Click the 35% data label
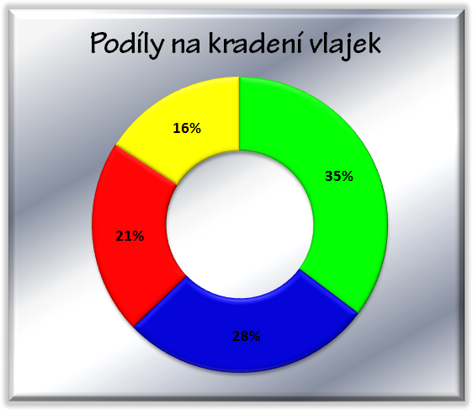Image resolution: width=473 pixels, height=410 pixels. (339, 176)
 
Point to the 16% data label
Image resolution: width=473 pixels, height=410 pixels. (187, 129)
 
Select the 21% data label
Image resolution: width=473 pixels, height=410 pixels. (130, 236)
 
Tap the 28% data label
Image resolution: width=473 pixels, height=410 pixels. (246, 336)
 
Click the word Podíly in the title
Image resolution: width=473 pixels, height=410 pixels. (127, 45)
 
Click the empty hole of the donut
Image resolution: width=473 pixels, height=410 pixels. (240, 225)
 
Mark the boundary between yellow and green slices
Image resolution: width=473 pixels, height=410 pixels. (240, 114)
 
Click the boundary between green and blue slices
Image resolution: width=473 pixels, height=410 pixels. (329, 291)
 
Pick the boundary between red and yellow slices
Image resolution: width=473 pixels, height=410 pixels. (146, 165)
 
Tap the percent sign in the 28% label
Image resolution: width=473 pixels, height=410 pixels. (253, 336)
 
